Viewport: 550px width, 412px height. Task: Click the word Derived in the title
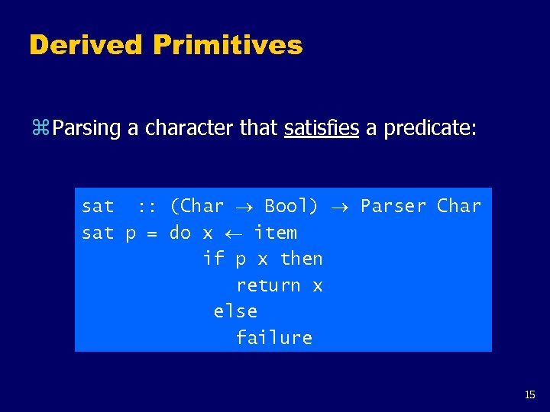coord(86,45)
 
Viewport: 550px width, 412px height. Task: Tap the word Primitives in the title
coord(228,45)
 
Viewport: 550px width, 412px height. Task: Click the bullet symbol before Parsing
coord(40,128)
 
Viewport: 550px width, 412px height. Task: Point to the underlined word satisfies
coord(321,127)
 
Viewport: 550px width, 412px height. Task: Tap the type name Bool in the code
coord(290,206)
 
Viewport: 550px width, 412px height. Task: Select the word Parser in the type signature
coord(393,206)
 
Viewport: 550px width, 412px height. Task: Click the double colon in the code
coord(147,206)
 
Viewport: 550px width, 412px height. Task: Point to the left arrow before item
coord(234,233)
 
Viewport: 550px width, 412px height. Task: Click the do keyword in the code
coord(180,232)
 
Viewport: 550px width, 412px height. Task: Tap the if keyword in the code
coord(213,259)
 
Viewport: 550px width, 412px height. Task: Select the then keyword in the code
coord(301,259)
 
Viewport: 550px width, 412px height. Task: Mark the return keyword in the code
coord(268,285)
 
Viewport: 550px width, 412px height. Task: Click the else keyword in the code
coord(235,311)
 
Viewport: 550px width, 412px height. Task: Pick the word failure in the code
coord(274,337)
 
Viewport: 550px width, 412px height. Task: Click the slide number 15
coord(530,394)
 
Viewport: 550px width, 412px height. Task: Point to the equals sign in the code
coord(152,233)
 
